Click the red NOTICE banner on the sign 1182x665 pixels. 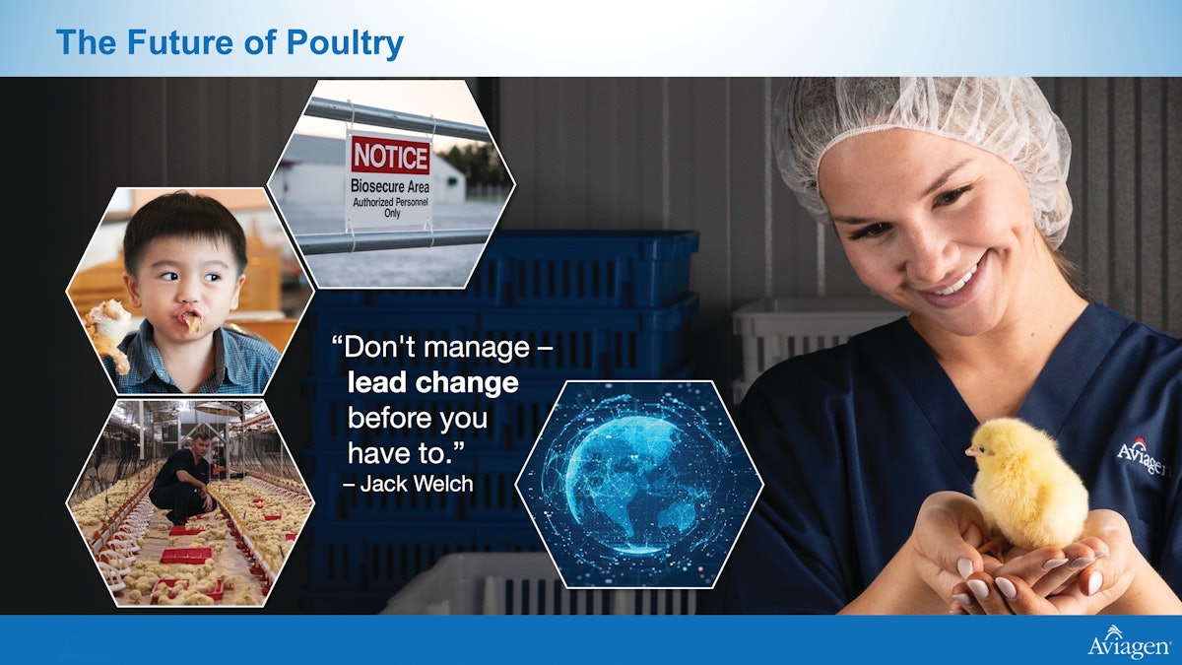(391, 156)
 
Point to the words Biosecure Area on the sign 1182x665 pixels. (391, 185)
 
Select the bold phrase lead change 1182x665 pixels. (432, 383)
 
